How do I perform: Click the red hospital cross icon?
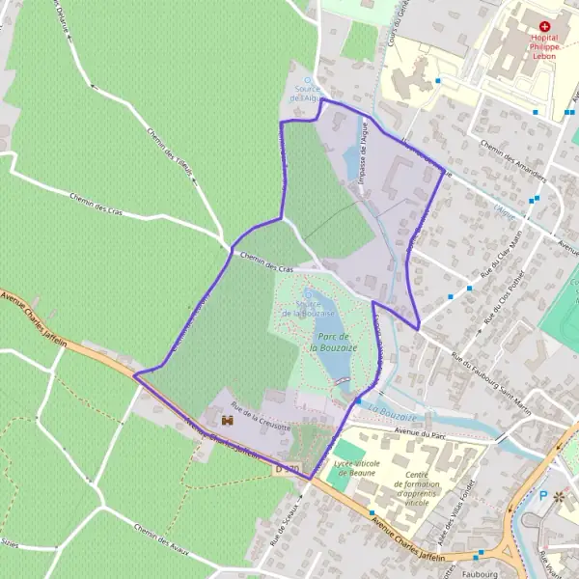[x=545, y=26]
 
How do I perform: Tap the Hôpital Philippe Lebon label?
[x=545, y=47]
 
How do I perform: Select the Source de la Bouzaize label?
[x=308, y=308]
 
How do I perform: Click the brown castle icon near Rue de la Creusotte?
[x=228, y=421]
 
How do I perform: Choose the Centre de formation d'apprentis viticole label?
[x=430, y=488]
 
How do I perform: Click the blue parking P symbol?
[x=542, y=495]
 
